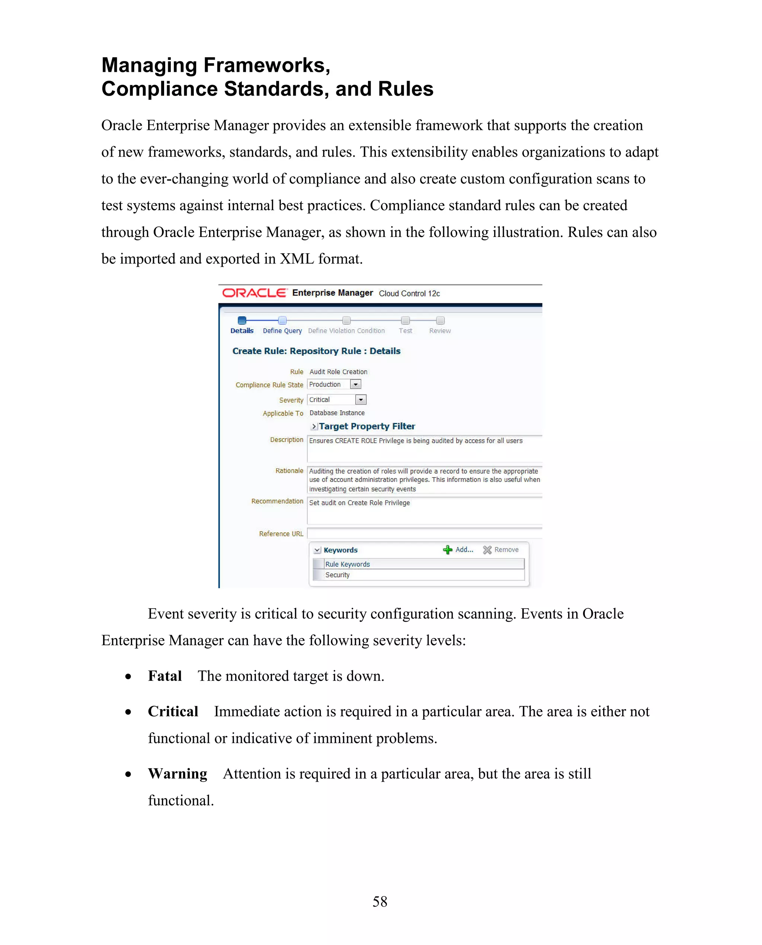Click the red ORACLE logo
point(254,293)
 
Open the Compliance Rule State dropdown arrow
point(356,384)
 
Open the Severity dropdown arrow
point(361,400)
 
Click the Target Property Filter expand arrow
point(314,426)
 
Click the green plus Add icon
point(447,550)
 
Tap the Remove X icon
point(487,550)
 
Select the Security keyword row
point(337,575)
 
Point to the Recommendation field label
point(277,501)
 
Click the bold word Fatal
point(164,676)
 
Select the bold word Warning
point(177,773)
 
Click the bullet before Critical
point(128,712)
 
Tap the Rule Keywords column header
point(347,564)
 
